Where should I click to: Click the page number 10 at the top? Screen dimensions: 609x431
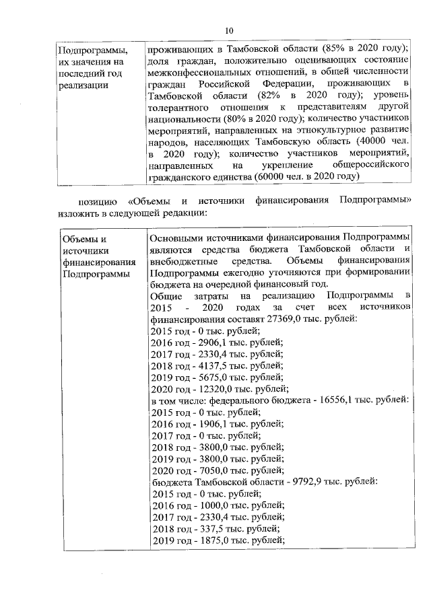tap(228, 30)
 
